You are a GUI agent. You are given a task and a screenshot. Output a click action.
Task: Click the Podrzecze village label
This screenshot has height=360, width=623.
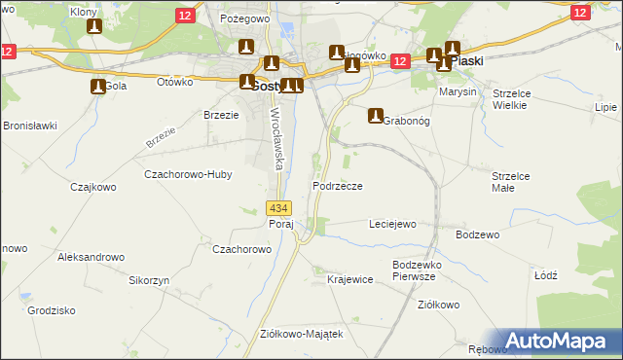[x=338, y=186]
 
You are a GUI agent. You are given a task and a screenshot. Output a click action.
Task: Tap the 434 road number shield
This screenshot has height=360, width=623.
[x=277, y=208]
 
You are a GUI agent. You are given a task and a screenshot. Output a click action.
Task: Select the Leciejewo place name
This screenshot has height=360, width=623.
[x=392, y=224]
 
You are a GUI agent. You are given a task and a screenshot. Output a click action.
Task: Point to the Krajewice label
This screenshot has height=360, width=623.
[x=350, y=280]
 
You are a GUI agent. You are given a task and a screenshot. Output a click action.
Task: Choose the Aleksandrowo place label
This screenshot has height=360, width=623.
[x=92, y=257]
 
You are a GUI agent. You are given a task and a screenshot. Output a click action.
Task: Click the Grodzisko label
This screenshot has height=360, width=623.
[x=53, y=311]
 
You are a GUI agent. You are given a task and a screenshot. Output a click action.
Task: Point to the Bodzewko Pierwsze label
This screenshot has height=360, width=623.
[x=419, y=270]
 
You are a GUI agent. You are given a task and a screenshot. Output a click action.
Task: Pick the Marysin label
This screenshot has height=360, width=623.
[x=458, y=91]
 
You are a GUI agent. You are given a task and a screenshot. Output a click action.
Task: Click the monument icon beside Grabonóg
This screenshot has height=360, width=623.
[x=375, y=116]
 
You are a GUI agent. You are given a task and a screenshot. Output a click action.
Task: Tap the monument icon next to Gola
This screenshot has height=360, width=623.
[x=97, y=86]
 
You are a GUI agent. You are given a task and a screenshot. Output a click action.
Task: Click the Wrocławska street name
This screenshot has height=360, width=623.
[x=275, y=138]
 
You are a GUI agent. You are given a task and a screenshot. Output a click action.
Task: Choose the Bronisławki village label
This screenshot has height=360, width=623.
[x=31, y=126]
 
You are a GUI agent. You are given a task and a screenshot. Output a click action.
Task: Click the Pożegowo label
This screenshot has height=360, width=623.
[x=243, y=18]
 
